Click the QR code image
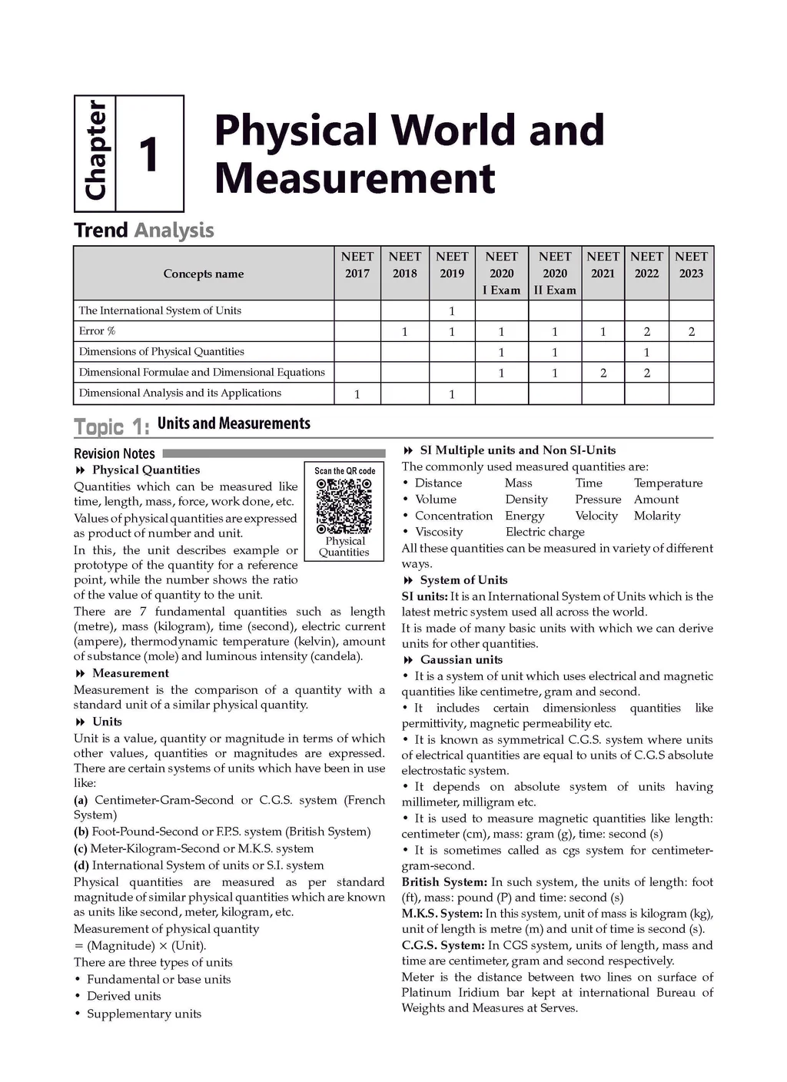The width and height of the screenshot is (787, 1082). pyautogui.click(x=344, y=506)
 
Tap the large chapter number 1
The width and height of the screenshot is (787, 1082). pyautogui.click(x=149, y=154)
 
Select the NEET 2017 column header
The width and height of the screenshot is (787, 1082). pyautogui.click(x=357, y=265)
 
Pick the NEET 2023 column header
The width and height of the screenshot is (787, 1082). pyautogui.click(x=691, y=265)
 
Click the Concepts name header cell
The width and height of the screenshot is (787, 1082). pyautogui.click(x=204, y=274)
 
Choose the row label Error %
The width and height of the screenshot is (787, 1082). pyautogui.click(x=97, y=331)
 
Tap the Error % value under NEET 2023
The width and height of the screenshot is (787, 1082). pyautogui.click(x=691, y=332)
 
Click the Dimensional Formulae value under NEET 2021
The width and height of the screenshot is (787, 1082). pyautogui.click(x=603, y=373)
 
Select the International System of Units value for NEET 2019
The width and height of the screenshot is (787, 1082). pyautogui.click(x=452, y=311)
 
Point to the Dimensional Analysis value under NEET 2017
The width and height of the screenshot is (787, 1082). pyautogui.click(x=357, y=394)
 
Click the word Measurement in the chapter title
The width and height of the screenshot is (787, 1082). pyautogui.click(x=354, y=178)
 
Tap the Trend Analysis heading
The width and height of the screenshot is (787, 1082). pyautogui.click(x=144, y=231)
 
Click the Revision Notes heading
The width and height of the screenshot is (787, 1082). pyautogui.click(x=115, y=453)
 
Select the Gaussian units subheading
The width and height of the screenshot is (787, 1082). pyautogui.click(x=461, y=660)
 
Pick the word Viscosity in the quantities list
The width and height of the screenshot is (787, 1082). pyautogui.click(x=439, y=532)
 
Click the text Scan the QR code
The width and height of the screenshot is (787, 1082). pyautogui.click(x=345, y=471)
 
